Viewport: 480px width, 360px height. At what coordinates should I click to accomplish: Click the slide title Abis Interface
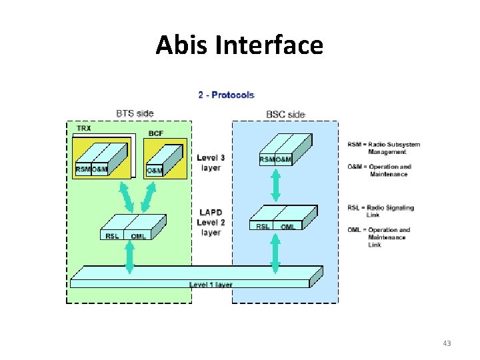pos(239,45)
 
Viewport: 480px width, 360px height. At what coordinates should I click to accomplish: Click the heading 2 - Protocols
pos(226,95)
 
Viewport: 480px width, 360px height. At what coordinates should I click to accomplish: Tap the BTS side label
pos(135,113)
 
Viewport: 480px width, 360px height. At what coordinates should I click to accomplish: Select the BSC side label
pos(285,115)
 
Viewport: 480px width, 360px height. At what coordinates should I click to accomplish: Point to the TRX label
pos(85,127)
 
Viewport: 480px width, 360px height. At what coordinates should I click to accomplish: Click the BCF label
pos(156,134)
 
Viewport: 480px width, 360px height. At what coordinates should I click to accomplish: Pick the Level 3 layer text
pos(211,163)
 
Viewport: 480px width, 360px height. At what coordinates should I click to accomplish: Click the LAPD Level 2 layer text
pos(211,222)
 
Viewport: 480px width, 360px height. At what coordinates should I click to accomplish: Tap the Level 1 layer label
pos(211,285)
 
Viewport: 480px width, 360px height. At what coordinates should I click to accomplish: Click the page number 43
pos(447,343)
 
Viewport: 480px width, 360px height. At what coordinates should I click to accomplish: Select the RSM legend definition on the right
pos(383,148)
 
